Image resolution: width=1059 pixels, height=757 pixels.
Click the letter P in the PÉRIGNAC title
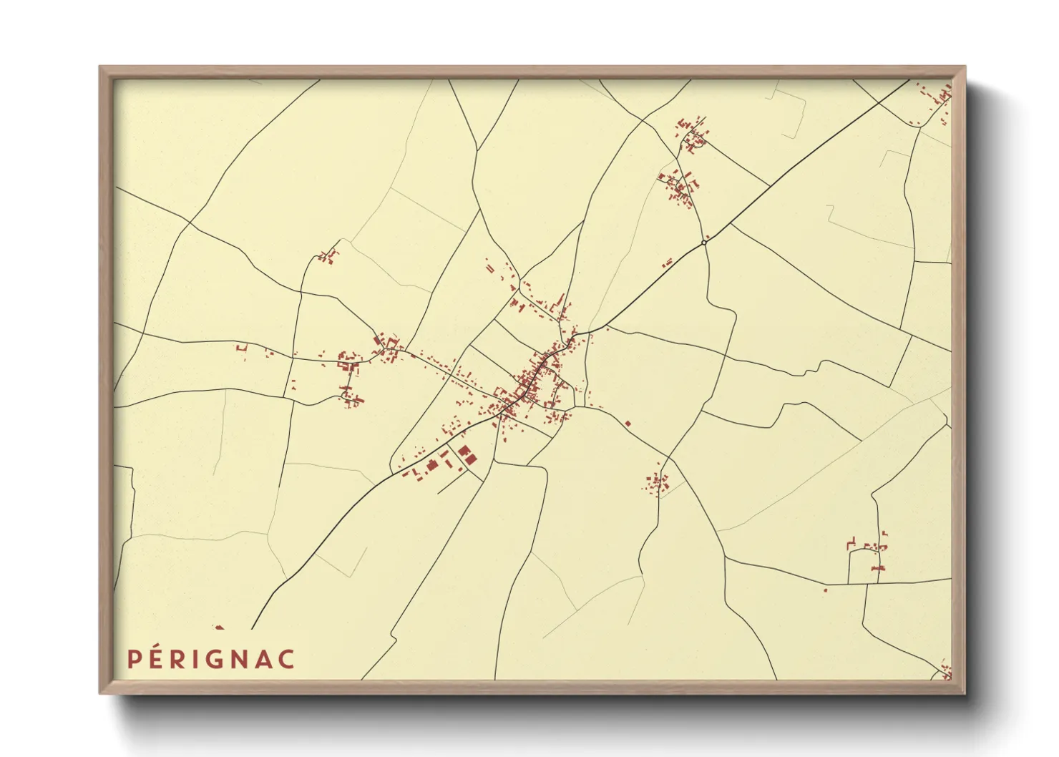132,658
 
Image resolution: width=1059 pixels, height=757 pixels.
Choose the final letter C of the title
286,658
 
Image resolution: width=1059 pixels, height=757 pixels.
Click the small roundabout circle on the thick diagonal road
704,243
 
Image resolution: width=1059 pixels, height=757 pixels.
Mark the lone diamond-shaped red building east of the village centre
628,424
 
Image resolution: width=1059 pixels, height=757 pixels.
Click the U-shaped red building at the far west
241,348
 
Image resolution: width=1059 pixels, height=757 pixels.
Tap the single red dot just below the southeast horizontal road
826,590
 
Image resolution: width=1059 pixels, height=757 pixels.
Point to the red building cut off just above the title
219,627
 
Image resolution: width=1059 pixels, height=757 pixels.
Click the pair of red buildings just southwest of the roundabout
668,263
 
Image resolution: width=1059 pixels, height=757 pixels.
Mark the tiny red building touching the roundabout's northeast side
708,238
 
